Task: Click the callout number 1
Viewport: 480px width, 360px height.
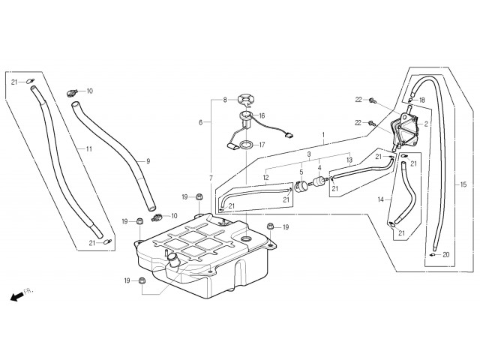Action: (323, 136)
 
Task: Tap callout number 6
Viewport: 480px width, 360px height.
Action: (200, 122)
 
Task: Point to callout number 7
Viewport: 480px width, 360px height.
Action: (211, 177)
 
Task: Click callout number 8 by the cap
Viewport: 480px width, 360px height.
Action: (224, 100)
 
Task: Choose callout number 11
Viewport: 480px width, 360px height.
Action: (88, 149)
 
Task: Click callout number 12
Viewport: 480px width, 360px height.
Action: (266, 178)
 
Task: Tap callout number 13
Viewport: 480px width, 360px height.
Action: (349, 160)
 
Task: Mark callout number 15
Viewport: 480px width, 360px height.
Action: (463, 184)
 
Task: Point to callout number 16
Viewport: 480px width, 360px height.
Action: (262, 115)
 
